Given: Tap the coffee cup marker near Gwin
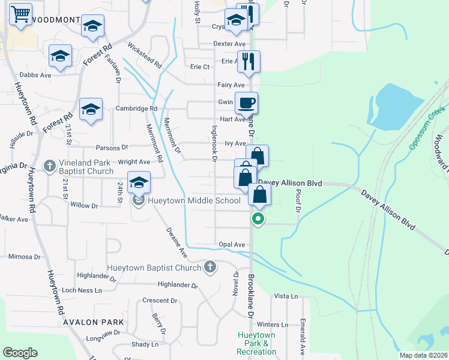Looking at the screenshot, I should [246, 103].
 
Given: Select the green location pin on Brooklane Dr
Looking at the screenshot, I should [258, 218].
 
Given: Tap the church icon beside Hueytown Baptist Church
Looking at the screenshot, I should [209, 266].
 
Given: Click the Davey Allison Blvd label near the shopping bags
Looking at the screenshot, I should [291, 183].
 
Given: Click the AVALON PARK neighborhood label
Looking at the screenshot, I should [91, 322].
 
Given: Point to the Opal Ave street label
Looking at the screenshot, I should [232, 245].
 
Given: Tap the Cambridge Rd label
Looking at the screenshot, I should [137, 109].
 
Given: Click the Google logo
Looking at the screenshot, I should [20, 353].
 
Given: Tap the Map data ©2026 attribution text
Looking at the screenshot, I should [423, 355].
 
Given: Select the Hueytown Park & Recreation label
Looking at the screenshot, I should [256, 343].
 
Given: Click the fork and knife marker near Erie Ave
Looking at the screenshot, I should [248, 61].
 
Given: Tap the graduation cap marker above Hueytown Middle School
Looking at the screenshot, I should [139, 182].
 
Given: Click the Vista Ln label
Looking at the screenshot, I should [286, 296].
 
